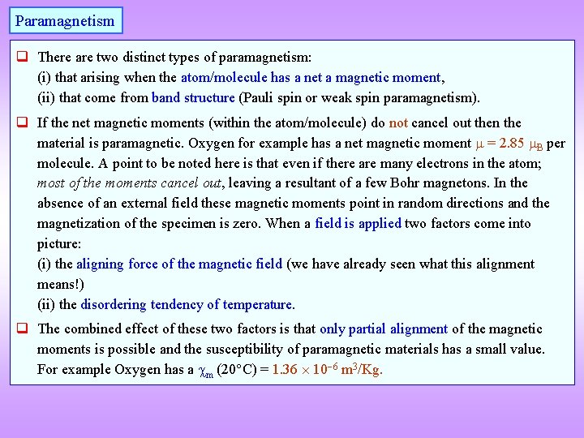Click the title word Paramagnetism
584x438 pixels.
pos(65,20)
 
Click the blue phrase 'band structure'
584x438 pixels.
pos(193,98)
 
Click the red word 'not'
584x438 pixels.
pos(398,122)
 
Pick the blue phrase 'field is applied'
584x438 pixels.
pos(358,223)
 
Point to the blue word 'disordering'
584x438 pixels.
pos(114,304)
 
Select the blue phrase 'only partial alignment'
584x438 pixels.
pos(384,328)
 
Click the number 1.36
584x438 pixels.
pos(286,370)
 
